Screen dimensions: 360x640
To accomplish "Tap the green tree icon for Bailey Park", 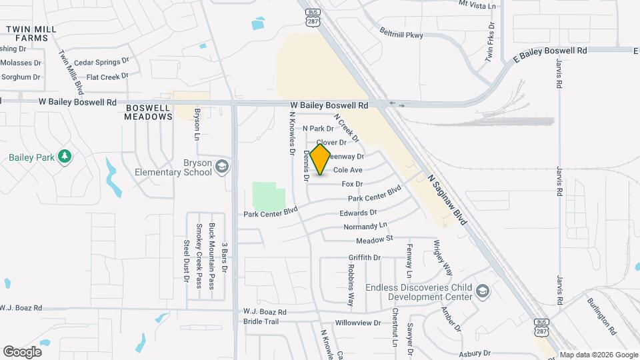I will click(65, 157).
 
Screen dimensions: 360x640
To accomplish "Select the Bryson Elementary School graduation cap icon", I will click(222, 166).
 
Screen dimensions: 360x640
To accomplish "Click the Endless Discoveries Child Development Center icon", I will click(483, 291).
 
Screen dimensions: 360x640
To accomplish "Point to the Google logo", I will click(22, 351).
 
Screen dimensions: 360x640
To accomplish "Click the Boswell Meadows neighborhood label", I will click(148, 111).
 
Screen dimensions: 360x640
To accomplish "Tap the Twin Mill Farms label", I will click(27, 34).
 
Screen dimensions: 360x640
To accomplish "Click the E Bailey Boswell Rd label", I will click(550, 51).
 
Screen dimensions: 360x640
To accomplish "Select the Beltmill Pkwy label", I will click(401, 33).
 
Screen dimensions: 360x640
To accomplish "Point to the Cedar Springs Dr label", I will click(101, 62).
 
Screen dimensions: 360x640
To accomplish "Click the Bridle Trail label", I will click(260, 321).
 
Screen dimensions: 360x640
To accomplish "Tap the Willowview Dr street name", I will click(357, 322).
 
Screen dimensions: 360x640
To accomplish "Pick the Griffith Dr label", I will click(364, 257).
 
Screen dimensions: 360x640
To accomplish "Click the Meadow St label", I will click(375, 239).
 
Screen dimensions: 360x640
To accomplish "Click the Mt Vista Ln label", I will click(478, 5).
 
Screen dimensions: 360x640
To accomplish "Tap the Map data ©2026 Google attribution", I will click(599, 355).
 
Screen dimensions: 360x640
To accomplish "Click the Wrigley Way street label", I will click(443, 257).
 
